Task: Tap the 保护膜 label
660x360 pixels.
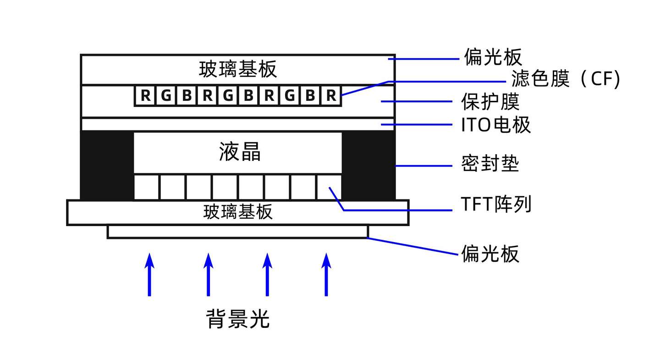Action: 490,102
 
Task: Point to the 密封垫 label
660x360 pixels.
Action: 490,164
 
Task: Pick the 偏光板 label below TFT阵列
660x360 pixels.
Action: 490,253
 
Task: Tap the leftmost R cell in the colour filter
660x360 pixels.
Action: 145,96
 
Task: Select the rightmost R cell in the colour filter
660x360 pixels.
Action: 331,96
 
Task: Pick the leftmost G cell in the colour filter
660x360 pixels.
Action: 166,96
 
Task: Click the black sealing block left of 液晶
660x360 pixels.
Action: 107,165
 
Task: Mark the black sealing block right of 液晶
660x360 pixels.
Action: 368,165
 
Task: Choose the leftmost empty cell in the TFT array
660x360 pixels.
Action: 146,187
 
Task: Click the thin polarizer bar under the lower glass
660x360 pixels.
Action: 237,232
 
